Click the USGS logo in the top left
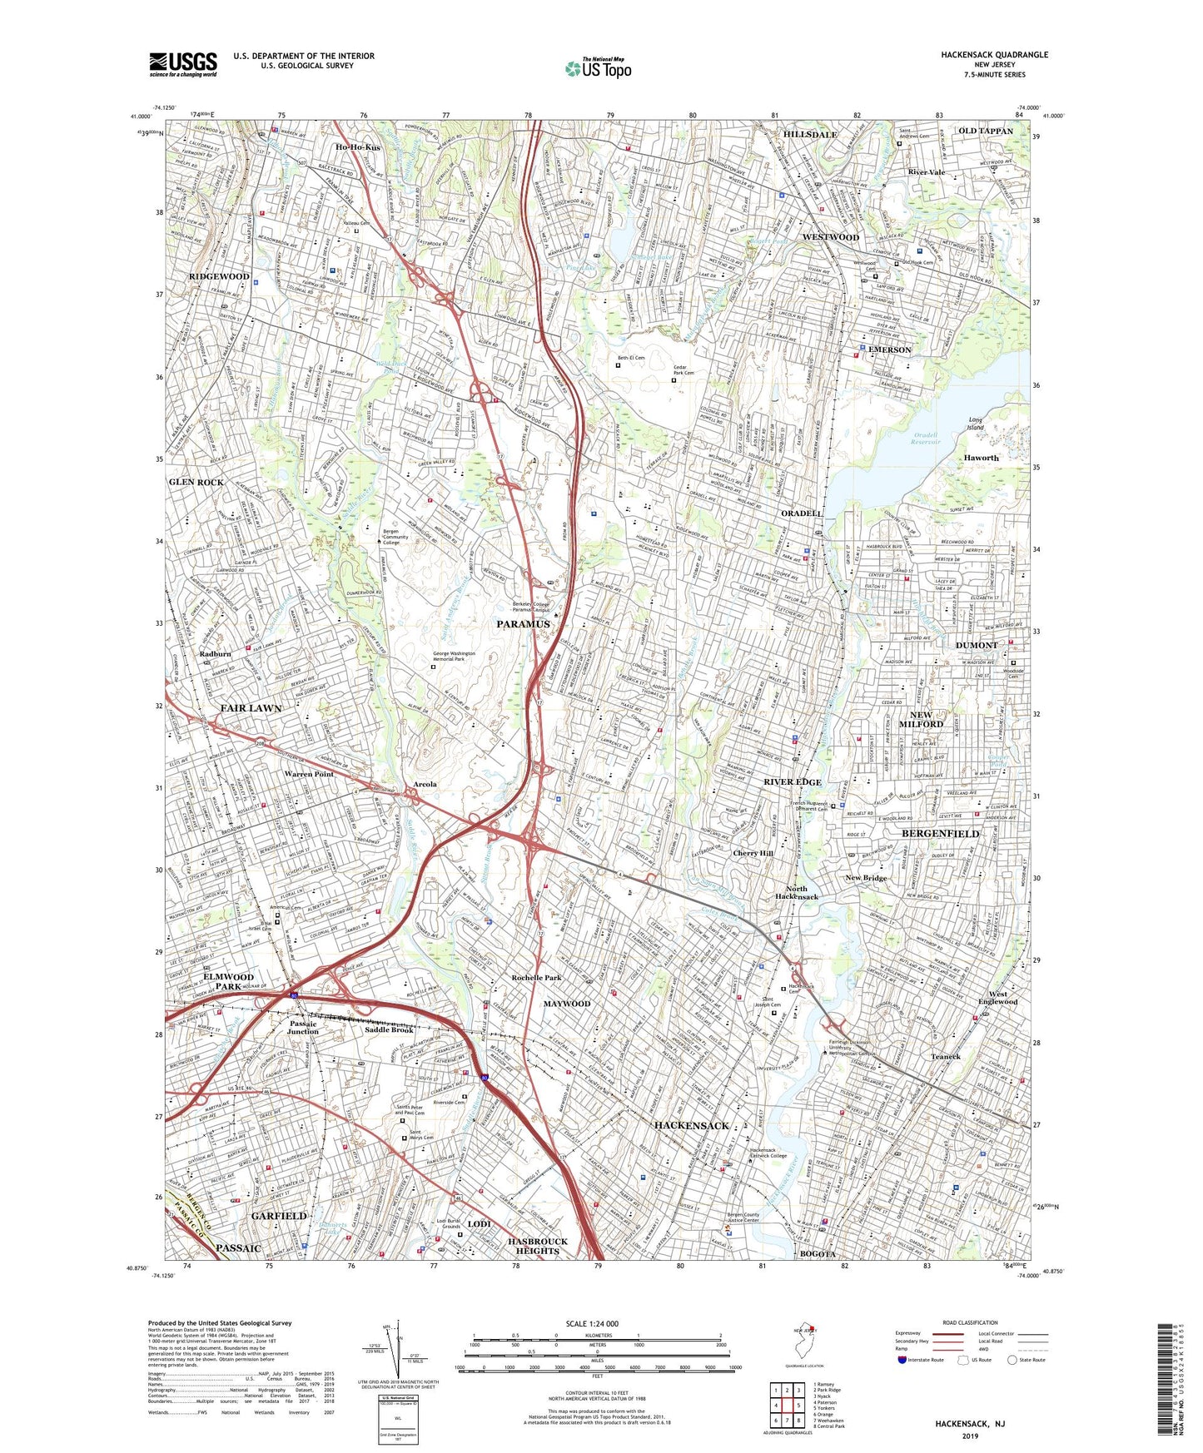point(183,63)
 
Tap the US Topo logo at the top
point(597,68)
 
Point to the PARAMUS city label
point(524,624)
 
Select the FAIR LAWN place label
point(251,708)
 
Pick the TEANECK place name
point(946,1056)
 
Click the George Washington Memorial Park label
point(454,657)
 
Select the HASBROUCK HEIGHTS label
point(537,1245)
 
